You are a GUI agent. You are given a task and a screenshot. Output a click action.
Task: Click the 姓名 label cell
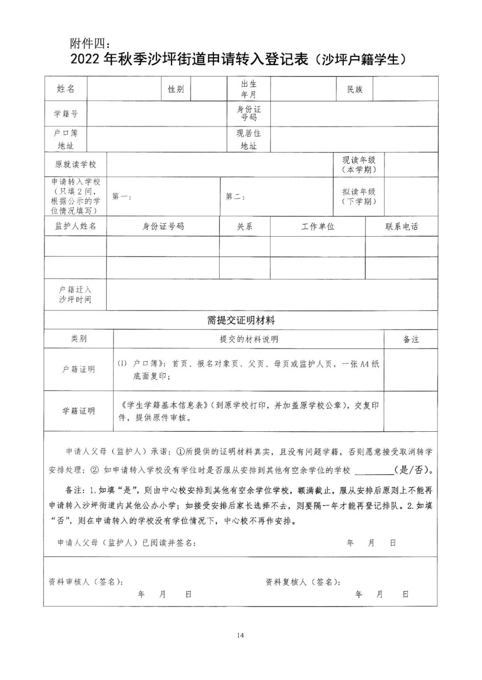pos(66,89)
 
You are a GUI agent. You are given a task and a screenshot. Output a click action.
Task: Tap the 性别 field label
pos(176,89)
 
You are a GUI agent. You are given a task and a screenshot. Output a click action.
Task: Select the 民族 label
pos(355,89)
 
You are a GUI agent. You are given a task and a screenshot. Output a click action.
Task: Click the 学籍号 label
pos(66,114)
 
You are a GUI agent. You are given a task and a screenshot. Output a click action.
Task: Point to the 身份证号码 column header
pos(163,226)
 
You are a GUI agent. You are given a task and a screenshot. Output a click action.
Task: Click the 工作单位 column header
pos(317,226)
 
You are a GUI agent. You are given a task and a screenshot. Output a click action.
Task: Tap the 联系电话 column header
pos(401,226)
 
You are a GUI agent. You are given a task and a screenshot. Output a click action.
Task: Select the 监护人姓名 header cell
pos(75,226)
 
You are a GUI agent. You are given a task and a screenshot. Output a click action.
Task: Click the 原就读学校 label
pos(75,165)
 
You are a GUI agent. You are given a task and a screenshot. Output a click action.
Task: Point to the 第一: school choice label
pos(121,197)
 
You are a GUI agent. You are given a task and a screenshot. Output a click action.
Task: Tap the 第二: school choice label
pos(235,197)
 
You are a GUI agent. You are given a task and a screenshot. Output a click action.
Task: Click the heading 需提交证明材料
pos(241,320)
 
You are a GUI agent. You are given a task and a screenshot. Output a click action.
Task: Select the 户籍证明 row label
pos(79,370)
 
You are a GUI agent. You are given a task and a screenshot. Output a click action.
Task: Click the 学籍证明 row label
pos(79,411)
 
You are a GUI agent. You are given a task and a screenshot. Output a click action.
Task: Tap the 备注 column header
pos(411,339)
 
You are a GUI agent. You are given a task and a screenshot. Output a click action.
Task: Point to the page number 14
pos(241,635)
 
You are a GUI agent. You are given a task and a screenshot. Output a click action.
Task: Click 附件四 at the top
pos(89,43)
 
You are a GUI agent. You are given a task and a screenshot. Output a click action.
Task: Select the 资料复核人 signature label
pos(303,582)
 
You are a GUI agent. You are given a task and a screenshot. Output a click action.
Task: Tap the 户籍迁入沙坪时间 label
pos(75,295)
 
